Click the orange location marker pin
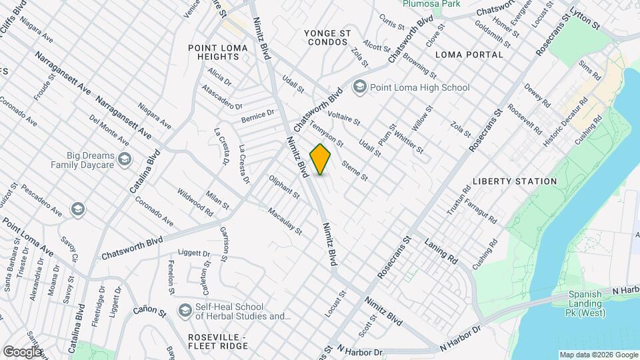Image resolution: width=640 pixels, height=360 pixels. click(x=321, y=159)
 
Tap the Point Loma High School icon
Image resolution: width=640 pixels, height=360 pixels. click(x=360, y=87)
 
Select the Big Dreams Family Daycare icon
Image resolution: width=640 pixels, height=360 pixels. click(x=127, y=159)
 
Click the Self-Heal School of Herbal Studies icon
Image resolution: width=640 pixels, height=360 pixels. click(x=185, y=311)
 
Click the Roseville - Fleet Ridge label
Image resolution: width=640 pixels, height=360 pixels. click(x=218, y=341)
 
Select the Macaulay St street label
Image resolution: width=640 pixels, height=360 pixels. click(x=285, y=221)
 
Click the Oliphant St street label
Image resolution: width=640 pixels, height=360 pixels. click(x=284, y=187)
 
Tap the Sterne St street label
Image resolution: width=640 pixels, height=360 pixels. click(x=354, y=170)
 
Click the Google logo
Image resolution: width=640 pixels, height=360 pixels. click(x=22, y=351)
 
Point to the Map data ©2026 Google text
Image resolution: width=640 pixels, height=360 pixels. click(x=598, y=355)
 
